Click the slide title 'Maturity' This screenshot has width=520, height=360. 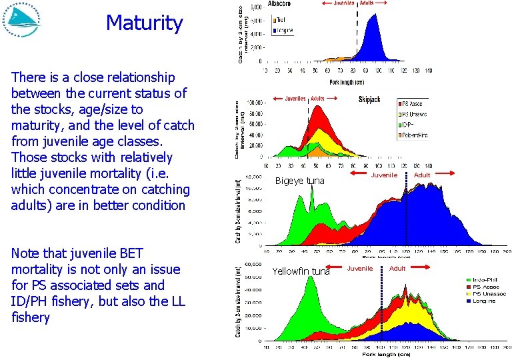144,23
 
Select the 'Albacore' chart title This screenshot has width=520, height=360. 283,4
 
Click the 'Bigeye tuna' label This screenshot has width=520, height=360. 299,181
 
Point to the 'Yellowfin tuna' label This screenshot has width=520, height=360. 301,271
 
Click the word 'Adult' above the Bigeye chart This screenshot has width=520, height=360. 422,175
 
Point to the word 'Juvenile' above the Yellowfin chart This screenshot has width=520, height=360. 360,268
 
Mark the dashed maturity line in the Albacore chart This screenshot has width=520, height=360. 357,33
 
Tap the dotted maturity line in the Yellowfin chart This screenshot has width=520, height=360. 381,307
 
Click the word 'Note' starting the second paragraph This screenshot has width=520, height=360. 25,253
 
